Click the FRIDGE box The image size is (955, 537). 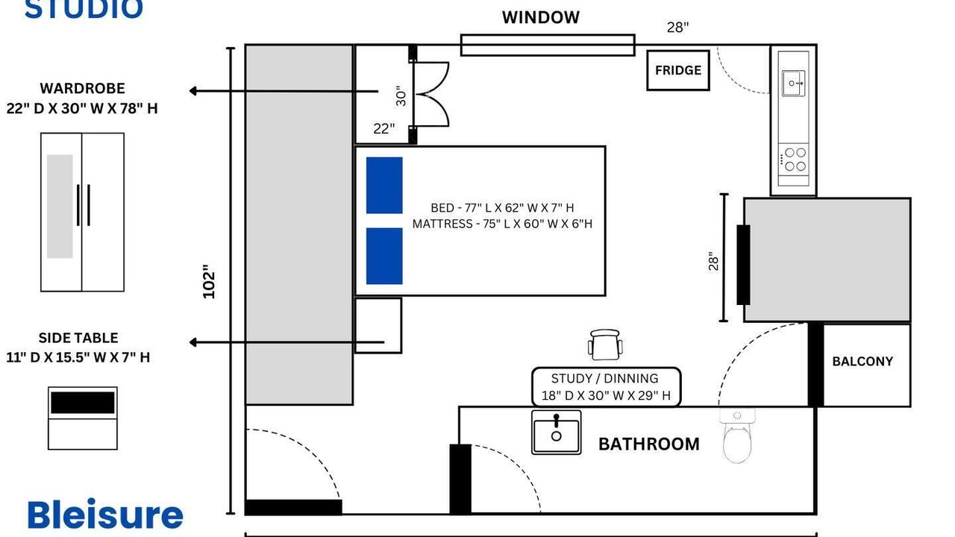(678, 70)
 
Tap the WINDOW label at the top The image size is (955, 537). (541, 17)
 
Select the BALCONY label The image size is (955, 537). (862, 362)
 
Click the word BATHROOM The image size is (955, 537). (649, 444)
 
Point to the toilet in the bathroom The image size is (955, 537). (737, 436)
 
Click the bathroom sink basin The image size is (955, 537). (557, 432)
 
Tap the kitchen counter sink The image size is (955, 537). (793, 83)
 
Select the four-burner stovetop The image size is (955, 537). (793, 160)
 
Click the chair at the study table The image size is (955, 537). (605, 345)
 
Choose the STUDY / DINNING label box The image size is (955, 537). (606, 387)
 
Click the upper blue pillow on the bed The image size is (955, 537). (384, 186)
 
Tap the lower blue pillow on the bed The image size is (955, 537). (384, 256)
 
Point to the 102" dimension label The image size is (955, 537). (209, 282)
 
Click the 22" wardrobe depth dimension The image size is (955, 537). (383, 128)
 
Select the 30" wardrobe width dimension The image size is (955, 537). (401, 96)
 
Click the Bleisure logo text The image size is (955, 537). (105, 515)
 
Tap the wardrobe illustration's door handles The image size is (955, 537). (83, 205)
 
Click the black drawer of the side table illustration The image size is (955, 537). (83, 403)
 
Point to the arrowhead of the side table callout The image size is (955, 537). (192, 342)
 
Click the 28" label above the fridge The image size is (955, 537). (677, 28)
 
